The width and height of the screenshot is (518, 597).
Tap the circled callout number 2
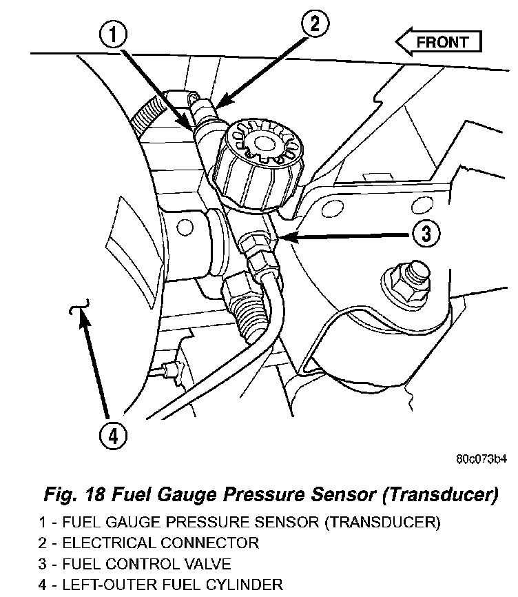313,25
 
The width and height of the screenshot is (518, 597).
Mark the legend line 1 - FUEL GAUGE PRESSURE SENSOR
239,522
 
